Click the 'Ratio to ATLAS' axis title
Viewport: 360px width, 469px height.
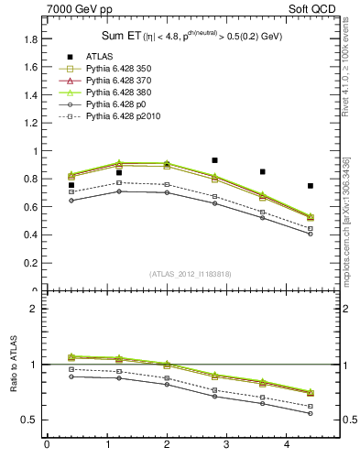tap(12, 365)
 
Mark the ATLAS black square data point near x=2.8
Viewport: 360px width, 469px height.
tap(214, 160)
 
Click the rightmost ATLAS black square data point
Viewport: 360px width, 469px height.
tap(311, 186)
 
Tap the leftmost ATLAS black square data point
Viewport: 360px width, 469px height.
tap(71, 185)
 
